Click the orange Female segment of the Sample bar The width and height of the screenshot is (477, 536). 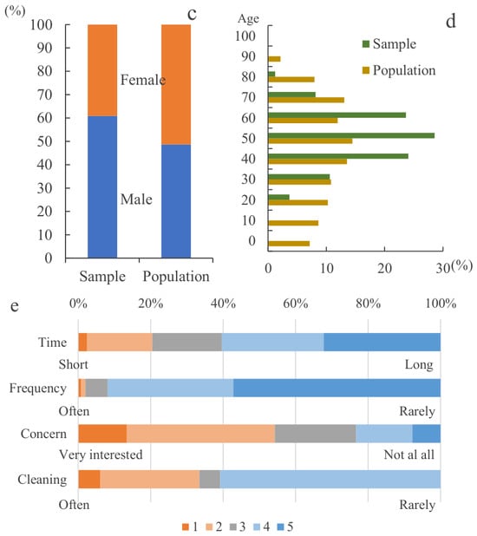102,70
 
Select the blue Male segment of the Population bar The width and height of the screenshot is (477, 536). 176,201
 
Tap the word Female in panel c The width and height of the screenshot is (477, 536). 143,80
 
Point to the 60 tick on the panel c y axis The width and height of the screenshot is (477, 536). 45,118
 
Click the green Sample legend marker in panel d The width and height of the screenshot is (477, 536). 366,43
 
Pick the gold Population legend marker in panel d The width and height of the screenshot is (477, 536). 366,70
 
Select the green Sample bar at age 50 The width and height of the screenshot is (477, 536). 351,135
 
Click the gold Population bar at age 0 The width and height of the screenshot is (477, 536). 289,244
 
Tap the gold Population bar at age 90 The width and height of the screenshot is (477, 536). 275,59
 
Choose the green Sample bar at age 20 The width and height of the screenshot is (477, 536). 279,197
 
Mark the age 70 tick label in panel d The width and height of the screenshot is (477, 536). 248,97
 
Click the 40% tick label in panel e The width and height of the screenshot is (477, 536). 223,304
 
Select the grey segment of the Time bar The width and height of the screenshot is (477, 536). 187,343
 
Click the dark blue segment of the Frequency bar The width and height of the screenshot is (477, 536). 337,388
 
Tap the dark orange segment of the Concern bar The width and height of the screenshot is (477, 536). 102,434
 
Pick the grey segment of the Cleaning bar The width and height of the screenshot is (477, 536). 210,480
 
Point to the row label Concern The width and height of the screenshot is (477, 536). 43,434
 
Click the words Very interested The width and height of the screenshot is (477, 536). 101,454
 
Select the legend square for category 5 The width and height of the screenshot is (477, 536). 280,526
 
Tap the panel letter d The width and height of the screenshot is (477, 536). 451,21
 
